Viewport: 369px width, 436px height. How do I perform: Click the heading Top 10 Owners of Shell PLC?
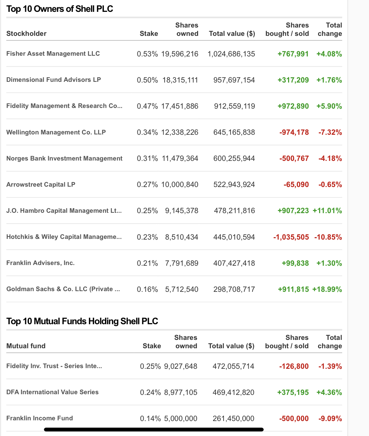(60, 9)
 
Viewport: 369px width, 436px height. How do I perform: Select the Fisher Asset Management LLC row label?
(53, 54)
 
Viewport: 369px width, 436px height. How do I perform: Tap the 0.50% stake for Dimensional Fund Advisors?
(147, 80)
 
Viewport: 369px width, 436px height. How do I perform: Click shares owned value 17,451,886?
(180, 106)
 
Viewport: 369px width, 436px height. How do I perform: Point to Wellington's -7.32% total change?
(330, 132)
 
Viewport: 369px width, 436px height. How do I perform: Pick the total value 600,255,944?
(234, 158)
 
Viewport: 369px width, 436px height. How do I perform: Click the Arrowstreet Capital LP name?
(41, 185)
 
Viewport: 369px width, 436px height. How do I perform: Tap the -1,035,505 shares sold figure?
(291, 237)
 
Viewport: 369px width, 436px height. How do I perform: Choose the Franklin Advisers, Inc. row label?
(40, 263)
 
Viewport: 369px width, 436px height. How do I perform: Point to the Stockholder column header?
(27, 34)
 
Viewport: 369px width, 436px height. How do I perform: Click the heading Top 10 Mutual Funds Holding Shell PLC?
(82, 321)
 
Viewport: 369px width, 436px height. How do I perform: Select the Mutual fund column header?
(26, 346)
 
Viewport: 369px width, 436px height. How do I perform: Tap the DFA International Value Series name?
(52, 392)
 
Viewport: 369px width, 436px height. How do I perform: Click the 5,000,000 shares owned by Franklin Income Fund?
(181, 419)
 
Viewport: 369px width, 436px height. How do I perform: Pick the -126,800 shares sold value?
(294, 366)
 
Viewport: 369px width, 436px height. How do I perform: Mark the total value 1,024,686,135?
(231, 54)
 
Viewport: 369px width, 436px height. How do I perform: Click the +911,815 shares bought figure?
(293, 289)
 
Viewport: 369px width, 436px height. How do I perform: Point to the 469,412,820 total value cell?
(233, 392)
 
